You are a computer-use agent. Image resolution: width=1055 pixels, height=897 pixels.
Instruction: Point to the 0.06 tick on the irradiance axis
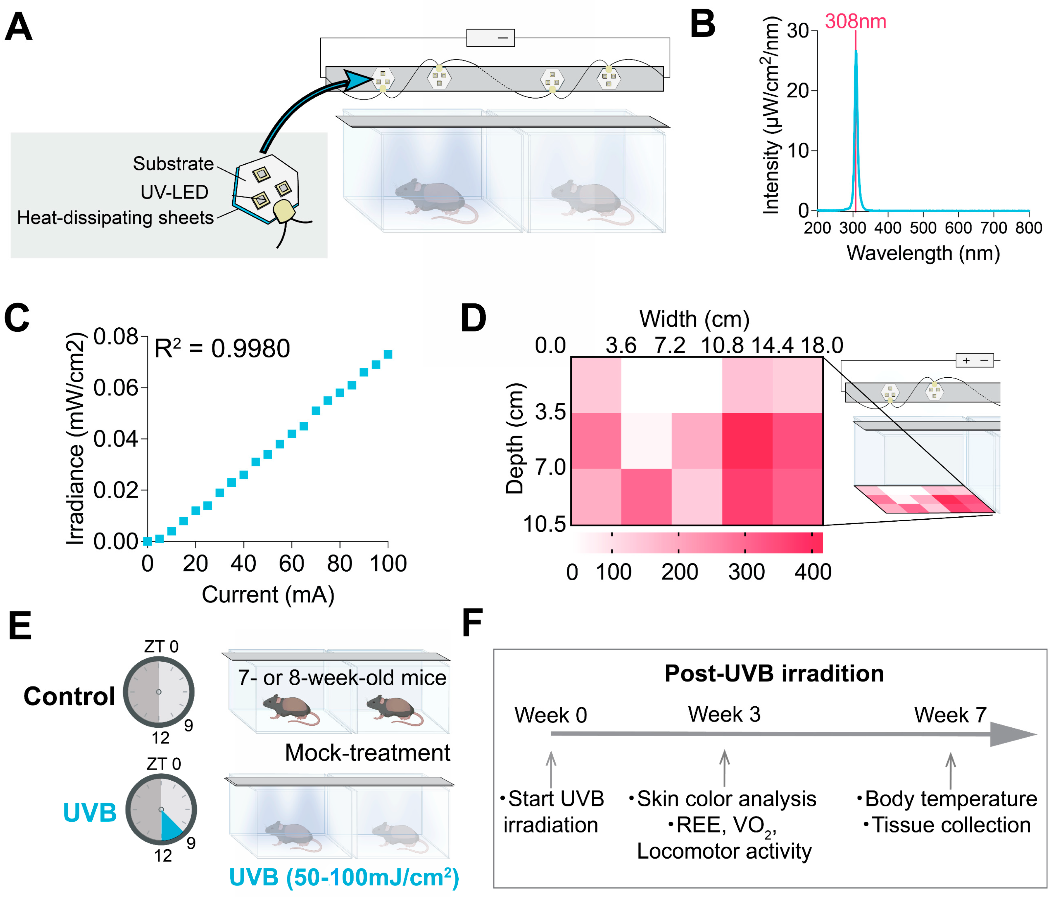tap(116, 388)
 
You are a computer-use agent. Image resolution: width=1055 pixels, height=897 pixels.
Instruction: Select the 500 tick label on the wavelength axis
tap(923, 228)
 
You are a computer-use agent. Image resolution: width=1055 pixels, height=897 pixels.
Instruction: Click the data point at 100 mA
tap(388, 354)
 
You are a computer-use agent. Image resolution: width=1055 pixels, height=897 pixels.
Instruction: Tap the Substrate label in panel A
tap(173, 164)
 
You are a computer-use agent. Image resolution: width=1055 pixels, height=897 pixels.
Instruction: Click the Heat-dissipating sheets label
tap(115, 218)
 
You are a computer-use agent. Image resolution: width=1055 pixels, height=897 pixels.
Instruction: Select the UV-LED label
tap(174, 192)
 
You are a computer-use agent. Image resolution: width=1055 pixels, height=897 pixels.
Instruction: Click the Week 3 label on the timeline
tap(724, 715)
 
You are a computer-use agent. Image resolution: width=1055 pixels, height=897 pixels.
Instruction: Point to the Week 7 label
tap(950, 715)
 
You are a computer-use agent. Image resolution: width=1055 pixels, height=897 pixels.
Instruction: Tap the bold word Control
tap(69, 696)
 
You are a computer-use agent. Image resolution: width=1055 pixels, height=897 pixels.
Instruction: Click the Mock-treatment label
tap(367, 753)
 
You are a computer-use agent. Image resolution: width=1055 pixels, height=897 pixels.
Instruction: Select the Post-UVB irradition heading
tap(774, 673)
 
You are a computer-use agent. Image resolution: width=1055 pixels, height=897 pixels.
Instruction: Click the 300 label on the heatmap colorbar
tap(746, 572)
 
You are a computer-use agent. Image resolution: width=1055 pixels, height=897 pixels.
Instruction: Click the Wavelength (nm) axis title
tap(923, 253)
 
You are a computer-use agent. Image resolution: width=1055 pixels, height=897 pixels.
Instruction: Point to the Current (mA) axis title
tap(268, 595)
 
